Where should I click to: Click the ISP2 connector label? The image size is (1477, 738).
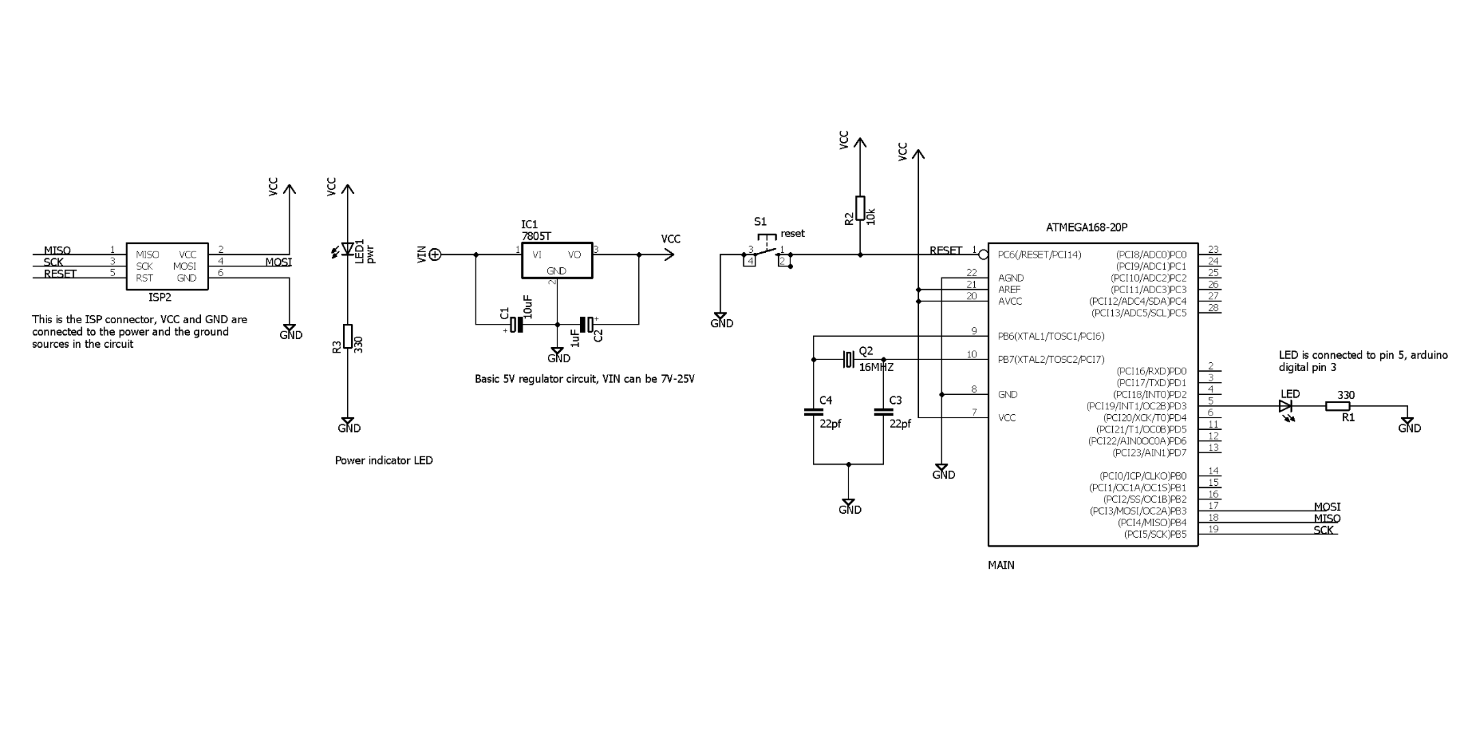coord(160,298)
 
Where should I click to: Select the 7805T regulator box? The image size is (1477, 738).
coord(556,260)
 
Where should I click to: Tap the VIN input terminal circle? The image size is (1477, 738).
coord(435,255)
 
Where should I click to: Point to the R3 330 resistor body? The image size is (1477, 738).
coord(348,337)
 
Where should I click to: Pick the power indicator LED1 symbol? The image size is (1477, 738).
coord(348,249)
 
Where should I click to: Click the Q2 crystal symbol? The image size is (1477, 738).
coord(848,359)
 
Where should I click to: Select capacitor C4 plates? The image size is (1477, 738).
coord(813,412)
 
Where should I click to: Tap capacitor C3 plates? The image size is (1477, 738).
coord(883,412)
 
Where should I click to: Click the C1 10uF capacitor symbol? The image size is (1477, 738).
coord(517,324)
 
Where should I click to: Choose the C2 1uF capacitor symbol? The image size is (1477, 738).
coord(586,324)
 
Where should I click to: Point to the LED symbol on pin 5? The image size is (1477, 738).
coord(1286,407)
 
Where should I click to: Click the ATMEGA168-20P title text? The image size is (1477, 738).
coord(1086,228)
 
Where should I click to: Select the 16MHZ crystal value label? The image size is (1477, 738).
coord(876,368)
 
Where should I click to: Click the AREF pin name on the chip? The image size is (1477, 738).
coord(1009,290)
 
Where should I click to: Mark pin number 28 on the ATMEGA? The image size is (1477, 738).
coord(1213,307)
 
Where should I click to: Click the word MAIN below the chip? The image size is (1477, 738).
coord(1001,566)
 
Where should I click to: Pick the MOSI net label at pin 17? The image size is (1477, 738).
coord(1327,507)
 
